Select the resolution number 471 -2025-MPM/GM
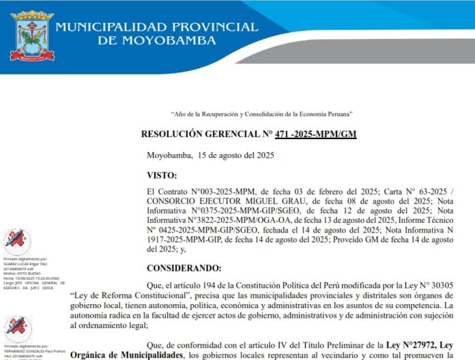pyautogui.click(x=315, y=134)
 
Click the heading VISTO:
pyautogui.click(x=162, y=175)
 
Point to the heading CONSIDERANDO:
pyautogui.click(x=184, y=267)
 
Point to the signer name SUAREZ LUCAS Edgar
pyautogui.click(x=24, y=264)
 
